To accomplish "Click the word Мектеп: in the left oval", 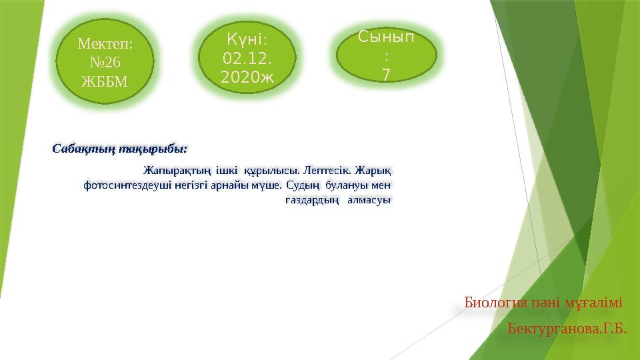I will click(x=105, y=44).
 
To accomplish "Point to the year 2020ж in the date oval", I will click(x=247, y=77).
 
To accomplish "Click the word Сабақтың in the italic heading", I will click(x=79, y=147).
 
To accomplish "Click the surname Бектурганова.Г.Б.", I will click(x=567, y=329).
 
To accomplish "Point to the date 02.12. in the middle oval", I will click(x=247, y=59).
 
